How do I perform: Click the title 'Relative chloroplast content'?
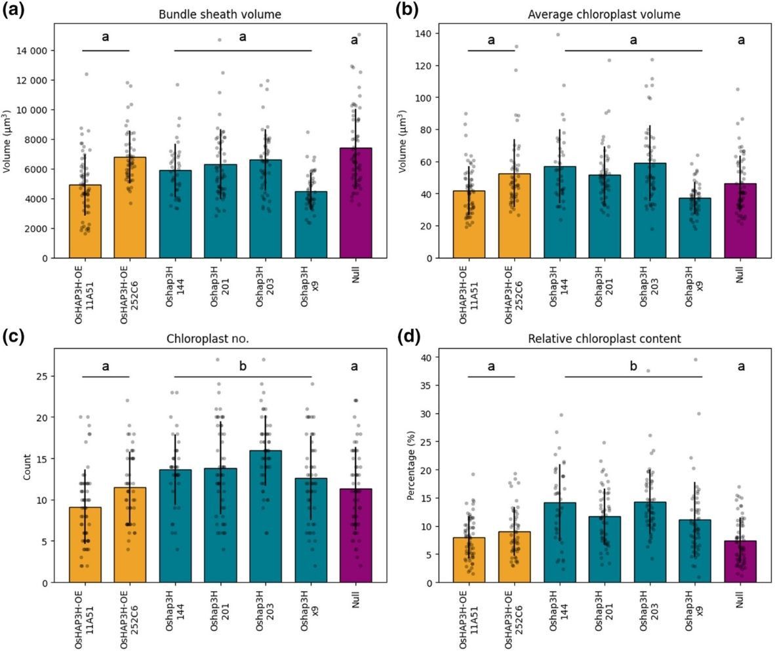605,338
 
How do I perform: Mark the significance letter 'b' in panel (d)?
633,366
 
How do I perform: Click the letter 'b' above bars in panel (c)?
243,366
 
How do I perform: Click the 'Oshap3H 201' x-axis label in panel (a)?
219,289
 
